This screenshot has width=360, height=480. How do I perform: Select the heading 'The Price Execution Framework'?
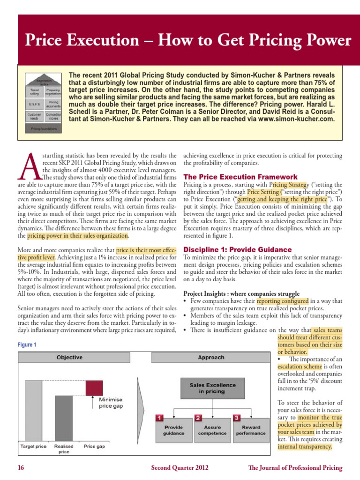click(x=240, y=177)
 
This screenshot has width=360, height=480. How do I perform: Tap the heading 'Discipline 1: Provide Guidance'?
click(x=237, y=249)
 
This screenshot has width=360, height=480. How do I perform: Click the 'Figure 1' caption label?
click(x=27, y=345)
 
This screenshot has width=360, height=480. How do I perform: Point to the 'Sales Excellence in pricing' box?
click(x=206, y=388)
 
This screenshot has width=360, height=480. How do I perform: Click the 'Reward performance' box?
click(x=250, y=430)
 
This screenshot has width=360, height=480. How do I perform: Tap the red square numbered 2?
click(x=198, y=417)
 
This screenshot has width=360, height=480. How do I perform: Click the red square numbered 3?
click(x=237, y=417)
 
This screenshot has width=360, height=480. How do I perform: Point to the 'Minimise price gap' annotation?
click(x=111, y=403)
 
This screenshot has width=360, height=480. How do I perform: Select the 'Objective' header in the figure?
click(x=69, y=357)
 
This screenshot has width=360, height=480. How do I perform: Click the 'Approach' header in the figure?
click(x=211, y=357)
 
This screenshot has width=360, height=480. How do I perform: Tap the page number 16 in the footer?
click(x=21, y=468)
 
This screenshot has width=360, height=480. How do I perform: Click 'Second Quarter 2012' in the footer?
click(x=180, y=468)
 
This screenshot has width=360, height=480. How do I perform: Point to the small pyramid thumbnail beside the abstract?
click(x=43, y=101)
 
